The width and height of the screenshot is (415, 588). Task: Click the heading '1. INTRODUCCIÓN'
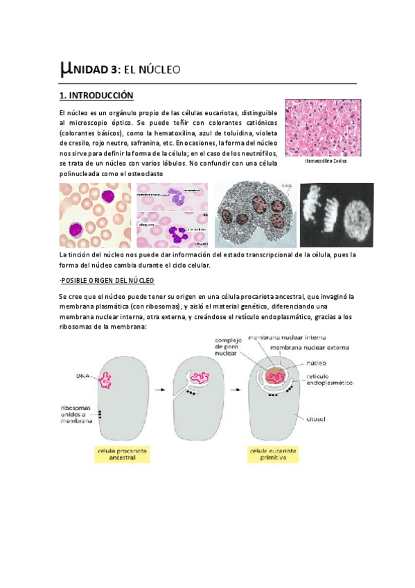point(96,95)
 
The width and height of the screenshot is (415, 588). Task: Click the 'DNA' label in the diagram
point(82,376)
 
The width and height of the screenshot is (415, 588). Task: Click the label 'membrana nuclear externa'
point(309,347)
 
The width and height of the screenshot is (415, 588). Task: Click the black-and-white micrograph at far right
point(336,215)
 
